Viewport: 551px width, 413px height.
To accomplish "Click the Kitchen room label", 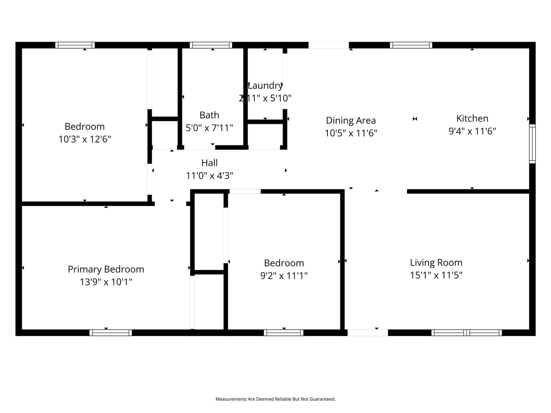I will point(472,118).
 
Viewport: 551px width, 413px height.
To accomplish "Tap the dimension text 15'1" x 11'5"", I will point(436,275).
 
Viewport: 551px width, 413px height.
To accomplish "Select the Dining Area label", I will point(351,120).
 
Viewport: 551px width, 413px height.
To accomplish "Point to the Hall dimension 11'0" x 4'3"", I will point(209,176).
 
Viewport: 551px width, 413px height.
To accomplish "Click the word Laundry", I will point(265,85).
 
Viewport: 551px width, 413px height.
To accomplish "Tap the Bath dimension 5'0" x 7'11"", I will point(209,128).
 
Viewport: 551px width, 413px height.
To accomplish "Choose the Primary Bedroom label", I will point(106,269).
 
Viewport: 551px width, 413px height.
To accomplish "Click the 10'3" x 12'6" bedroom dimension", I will point(85,139).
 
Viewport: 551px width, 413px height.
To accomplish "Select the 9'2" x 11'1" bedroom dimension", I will point(284,276).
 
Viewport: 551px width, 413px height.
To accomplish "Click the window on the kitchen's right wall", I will point(532,144).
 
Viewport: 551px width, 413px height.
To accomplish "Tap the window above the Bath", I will point(211,45).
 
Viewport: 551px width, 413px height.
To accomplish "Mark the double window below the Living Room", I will point(466,333).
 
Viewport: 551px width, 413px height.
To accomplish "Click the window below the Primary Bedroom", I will point(110,333).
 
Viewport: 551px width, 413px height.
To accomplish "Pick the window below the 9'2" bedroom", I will point(284,333).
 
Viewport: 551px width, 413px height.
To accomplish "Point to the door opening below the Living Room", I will point(368,333).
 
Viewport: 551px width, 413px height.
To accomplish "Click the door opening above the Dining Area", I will point(329,45).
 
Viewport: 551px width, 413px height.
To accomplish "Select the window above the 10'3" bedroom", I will point(75,45).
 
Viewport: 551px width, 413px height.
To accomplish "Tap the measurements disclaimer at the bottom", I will point(275,399).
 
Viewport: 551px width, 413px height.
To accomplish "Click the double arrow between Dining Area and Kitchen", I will point(415,119).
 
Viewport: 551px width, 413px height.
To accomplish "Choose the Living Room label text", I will point(436,263).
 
